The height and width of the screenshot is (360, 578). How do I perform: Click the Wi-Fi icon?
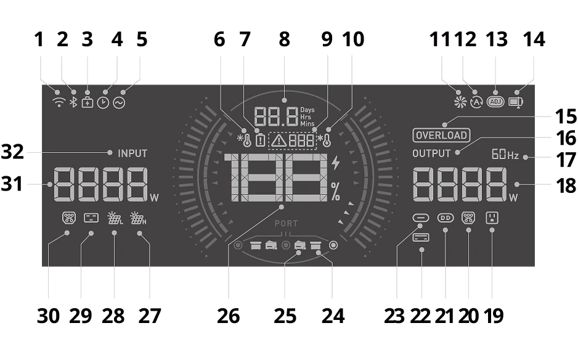coord(59,102)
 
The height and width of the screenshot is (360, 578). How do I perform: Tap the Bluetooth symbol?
coord(74,102)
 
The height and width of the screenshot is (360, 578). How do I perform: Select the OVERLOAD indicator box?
coord(441,136)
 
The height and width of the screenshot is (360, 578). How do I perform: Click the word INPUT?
coord(132,153)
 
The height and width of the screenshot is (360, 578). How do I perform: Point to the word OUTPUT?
coord(431,153)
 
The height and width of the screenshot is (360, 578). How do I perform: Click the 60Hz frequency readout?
coord(505,154)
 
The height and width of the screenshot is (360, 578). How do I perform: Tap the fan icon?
coord(460,102)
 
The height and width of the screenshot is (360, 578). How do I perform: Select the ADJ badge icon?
coord(495,102)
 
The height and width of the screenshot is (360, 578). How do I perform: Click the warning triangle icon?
coord(279,141)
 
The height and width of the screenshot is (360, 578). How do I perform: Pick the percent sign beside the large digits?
coord(335,192)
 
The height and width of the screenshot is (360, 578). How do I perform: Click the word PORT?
coord(286,224)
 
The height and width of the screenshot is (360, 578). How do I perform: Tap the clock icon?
coord(104,102)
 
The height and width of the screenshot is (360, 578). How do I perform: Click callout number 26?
coord(229,316)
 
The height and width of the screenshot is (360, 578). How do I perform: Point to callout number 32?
coord(12,152)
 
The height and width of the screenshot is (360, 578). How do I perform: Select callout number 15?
coord(566,117)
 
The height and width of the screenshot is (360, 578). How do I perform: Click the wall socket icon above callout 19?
coord(492,218)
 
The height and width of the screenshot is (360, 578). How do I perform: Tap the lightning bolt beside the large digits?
coord(335,163)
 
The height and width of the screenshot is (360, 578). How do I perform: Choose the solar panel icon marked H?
coord(138,218)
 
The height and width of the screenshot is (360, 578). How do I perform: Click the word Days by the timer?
coord(307,110)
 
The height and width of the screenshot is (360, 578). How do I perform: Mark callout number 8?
coord(284,39)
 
